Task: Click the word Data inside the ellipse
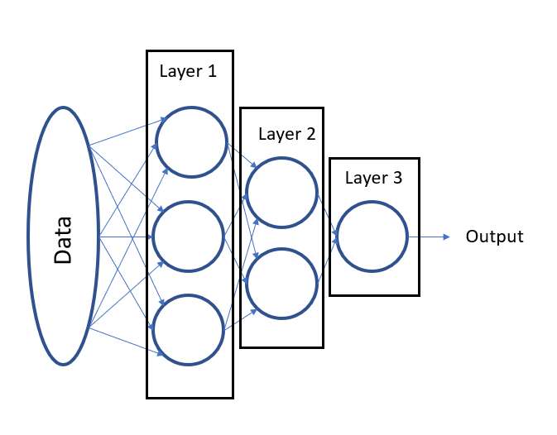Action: (63, 239)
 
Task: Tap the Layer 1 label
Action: (188, 71)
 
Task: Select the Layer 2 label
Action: (286, 133)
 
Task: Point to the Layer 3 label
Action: (373, 178)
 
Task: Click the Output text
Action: (494, 237)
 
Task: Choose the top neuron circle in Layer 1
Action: (191, 141)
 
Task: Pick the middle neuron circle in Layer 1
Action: (189, 237)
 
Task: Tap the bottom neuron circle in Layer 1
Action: (191, 330)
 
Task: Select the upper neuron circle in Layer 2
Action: (281, 193)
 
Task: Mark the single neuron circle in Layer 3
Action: (372, 237)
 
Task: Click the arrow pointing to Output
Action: (429, 237)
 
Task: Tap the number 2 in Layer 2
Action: (310, 133)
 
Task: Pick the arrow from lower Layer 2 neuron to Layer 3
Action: (327, 257)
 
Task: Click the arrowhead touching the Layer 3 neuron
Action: (334, 237)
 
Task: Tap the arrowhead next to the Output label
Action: (446, 237)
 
